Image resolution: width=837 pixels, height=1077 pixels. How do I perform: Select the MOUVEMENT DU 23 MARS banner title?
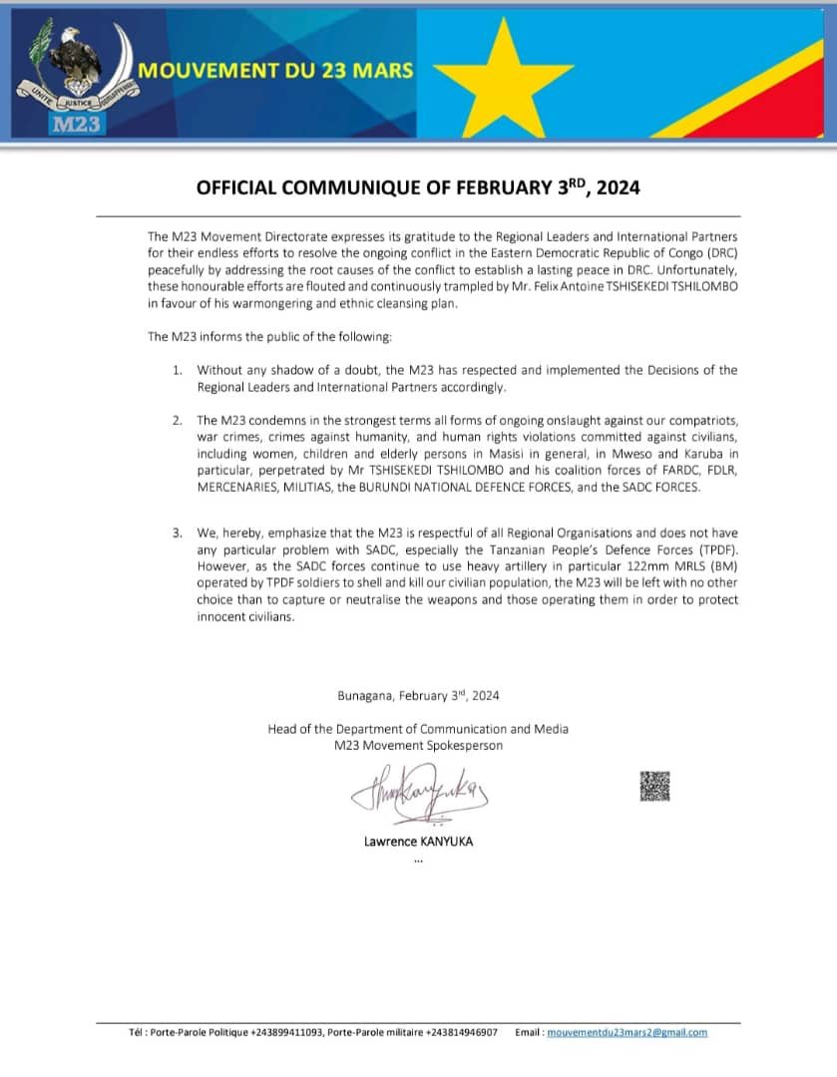tap(276, 71)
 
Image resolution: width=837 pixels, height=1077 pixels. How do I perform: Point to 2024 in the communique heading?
tap(615, 186)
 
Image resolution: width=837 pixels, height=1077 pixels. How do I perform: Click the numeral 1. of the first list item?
tap(178, 370)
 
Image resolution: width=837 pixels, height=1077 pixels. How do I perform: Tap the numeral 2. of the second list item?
tap(178, 422)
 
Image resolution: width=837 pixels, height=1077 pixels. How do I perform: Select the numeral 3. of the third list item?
tap(178, 533)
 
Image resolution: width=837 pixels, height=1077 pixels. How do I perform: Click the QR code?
tap(654, 786)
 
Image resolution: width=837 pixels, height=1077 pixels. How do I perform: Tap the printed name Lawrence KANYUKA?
tap(418, 841)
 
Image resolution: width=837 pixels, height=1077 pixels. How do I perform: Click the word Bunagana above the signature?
tap(366, 696)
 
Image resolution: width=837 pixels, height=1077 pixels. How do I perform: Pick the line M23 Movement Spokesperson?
tap(418, 745)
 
